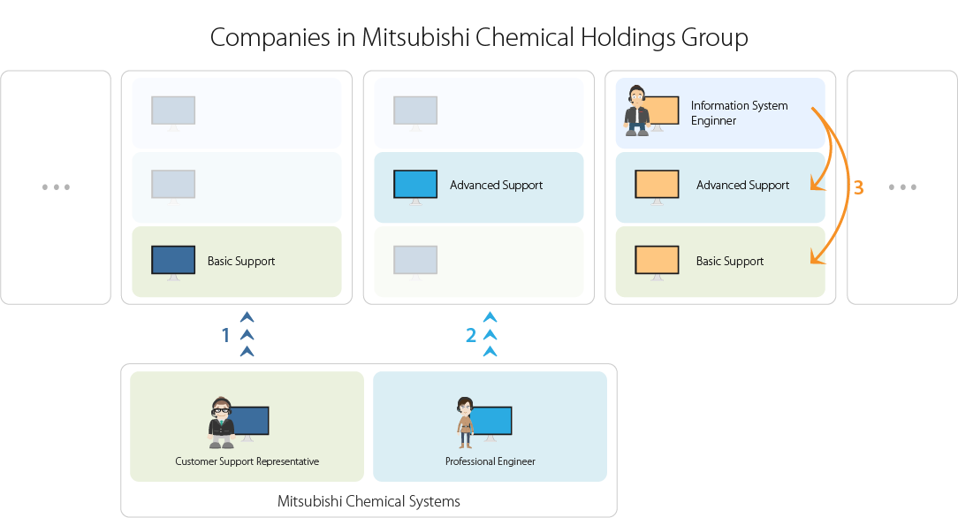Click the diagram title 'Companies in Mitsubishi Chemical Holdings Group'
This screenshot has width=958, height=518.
tap(479, 38)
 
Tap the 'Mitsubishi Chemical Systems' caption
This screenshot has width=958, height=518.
tap(369, 501)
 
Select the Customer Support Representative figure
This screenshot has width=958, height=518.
tap(221, 423)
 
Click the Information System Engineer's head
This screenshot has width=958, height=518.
tap(636, 96)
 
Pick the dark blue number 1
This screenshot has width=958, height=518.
tap(225, 335)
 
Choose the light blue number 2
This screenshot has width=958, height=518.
tap(471, 335)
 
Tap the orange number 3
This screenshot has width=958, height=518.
tap(858, 187)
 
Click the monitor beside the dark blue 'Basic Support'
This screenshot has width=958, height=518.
tap(173, 260)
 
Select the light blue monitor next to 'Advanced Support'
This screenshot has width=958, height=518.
tap(415, 184)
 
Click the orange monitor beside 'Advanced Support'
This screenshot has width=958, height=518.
tap(657, 184)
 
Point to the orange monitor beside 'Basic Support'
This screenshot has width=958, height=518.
tap(657, 260)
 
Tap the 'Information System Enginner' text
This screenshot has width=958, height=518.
tap(739, 112)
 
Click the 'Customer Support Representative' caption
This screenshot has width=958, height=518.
tap(247, 461)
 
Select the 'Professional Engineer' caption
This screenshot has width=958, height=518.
tap(490, 461)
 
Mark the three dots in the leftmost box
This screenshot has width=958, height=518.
tap(56, 187)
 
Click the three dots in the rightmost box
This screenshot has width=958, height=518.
tap(902, 187)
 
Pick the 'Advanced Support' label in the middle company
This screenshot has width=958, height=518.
tap(496, 185)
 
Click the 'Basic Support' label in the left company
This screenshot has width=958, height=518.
tap(241, 261)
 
